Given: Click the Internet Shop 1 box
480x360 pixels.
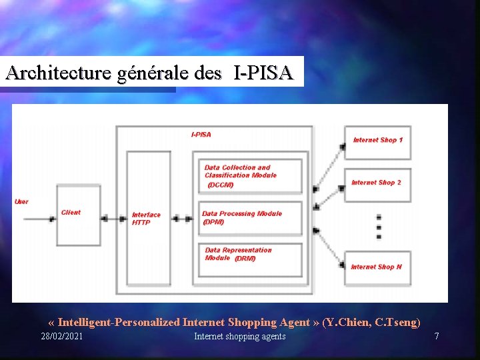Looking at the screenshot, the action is tap(377, 142).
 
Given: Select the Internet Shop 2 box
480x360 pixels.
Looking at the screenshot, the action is tap(377, 183).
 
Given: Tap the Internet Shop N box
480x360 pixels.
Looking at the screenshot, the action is tap(377, 267).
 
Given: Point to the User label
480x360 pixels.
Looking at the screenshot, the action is tap(21, 201).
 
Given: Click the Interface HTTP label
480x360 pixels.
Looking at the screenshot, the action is tap(146, 219).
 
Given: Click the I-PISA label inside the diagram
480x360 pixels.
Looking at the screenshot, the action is tap(201, 134).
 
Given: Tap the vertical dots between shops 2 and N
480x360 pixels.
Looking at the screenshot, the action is tap(379, 226).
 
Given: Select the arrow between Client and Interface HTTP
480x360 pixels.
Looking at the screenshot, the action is tap(115, 218).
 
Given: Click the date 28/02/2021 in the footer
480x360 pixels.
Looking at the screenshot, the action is tap(62, 337).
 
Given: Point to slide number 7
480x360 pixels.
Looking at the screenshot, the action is tap(437, 337).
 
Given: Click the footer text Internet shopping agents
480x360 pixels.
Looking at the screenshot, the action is tap(240, 337).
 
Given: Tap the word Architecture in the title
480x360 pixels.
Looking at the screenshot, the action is tap(57, 73).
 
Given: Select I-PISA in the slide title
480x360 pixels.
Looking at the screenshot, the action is tap(263, 73).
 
